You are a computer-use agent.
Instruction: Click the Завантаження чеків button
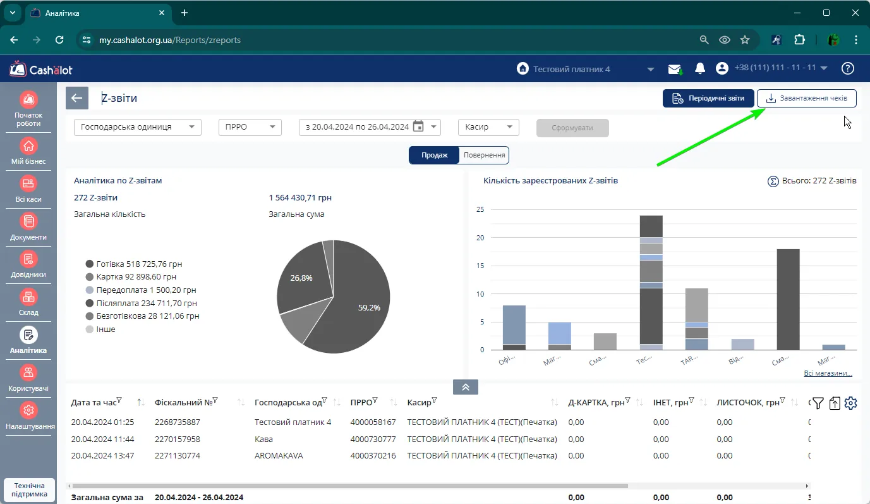tap(806, 98)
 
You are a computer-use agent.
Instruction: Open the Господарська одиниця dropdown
tap(138, 127)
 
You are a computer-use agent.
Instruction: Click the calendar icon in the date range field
tap(418, 126)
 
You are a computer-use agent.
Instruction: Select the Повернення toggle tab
tap(484, 155)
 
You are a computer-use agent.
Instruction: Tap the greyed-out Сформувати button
tap(572, 128)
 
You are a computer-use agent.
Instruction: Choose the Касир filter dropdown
tap(488, 127)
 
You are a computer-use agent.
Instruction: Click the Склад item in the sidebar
tap(28, 302)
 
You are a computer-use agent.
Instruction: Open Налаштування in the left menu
tap(28, 417)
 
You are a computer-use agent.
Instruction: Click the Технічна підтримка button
tap(29, 489)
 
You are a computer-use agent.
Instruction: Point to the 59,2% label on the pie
tap(369, 307)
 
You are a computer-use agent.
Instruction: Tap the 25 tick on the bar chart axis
tap(480, 209)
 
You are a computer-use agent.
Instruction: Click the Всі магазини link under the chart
tap(828, 373)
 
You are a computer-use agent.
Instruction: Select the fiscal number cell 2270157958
tap(177, 439)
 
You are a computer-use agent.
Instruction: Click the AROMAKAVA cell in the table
tap(279, 455)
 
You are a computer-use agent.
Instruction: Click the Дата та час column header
tap(94, 402)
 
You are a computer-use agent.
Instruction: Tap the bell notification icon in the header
tap(700, 69)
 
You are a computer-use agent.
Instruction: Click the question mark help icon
tap(847, 68)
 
